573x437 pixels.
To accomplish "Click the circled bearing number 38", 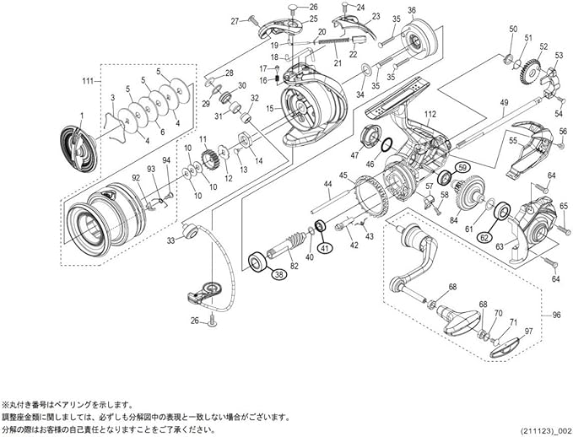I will point(278,273).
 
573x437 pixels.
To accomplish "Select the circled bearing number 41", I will point(326,248).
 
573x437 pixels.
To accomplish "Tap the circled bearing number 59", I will point(462,170).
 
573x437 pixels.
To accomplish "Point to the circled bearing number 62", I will point(484,239).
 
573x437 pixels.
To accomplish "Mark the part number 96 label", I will point(555,316).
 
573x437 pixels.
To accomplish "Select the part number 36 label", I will point(411,11).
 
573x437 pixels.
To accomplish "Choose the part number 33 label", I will point(171,240).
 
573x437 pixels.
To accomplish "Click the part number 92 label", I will point(135,178).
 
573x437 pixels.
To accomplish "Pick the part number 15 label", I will point(270,109).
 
